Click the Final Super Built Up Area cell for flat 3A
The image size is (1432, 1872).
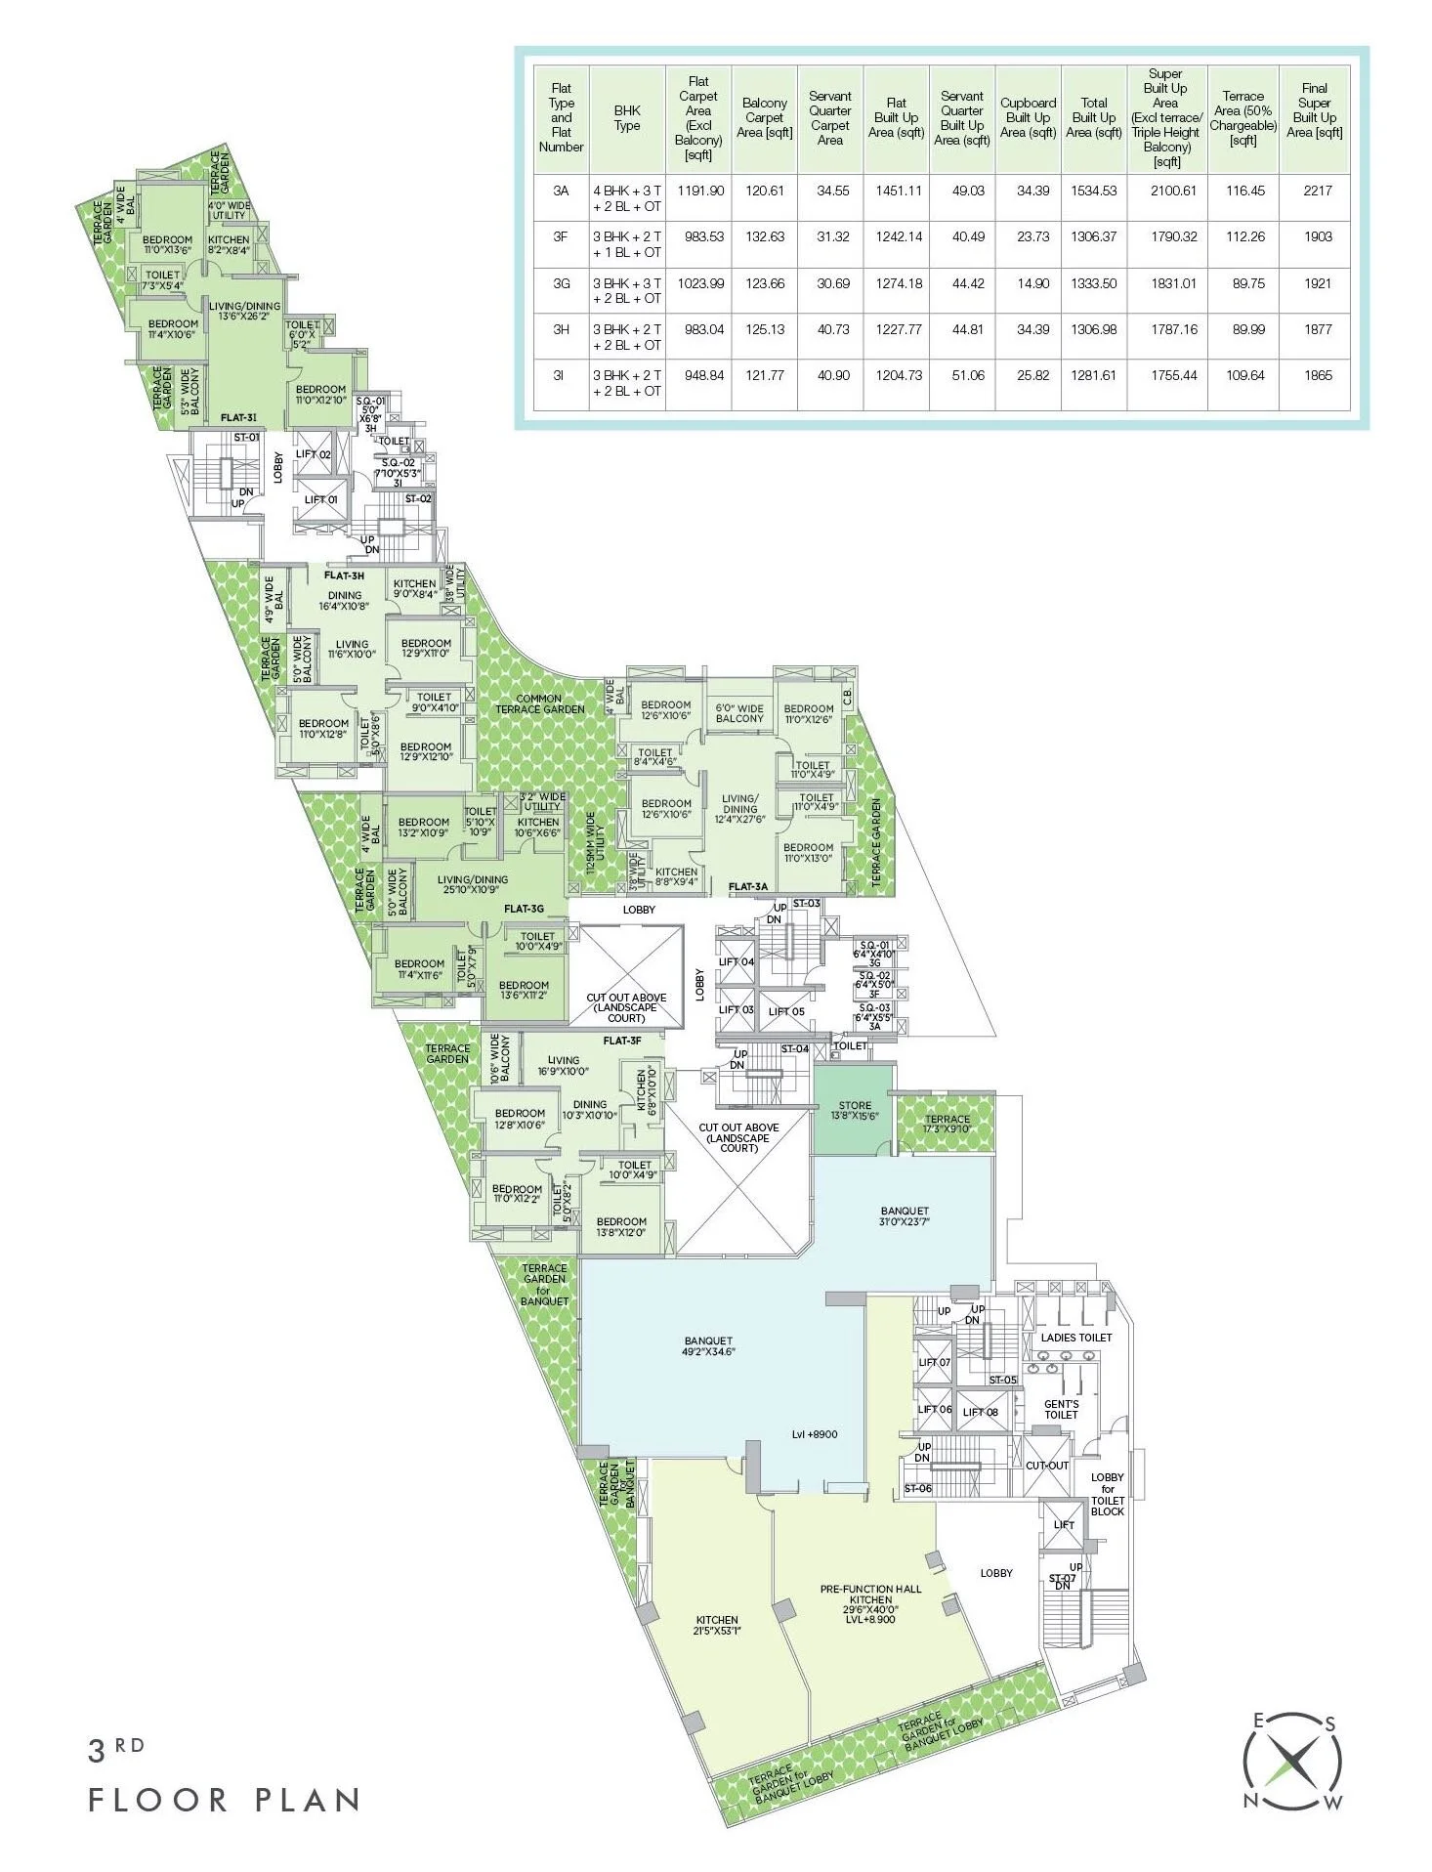1317,191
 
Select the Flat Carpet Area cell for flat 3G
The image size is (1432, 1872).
698,283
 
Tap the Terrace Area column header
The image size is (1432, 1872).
1242,118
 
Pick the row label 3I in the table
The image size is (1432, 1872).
561,375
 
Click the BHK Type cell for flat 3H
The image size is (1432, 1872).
626,337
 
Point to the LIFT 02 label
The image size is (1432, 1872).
314,454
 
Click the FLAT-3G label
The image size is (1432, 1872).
524,909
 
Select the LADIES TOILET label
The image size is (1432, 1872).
1075,1338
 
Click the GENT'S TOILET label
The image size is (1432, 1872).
1061,1409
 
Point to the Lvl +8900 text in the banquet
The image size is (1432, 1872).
815,1434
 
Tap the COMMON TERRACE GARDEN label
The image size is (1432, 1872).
539,703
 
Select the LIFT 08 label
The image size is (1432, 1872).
980,1412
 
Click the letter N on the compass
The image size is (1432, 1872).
1249,1802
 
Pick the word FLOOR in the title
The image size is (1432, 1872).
158,1800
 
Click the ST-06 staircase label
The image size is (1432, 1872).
917,1488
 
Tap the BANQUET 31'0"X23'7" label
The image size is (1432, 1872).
904,1216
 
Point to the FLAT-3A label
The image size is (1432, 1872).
748,887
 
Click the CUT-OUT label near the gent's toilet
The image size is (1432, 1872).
1047,1466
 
